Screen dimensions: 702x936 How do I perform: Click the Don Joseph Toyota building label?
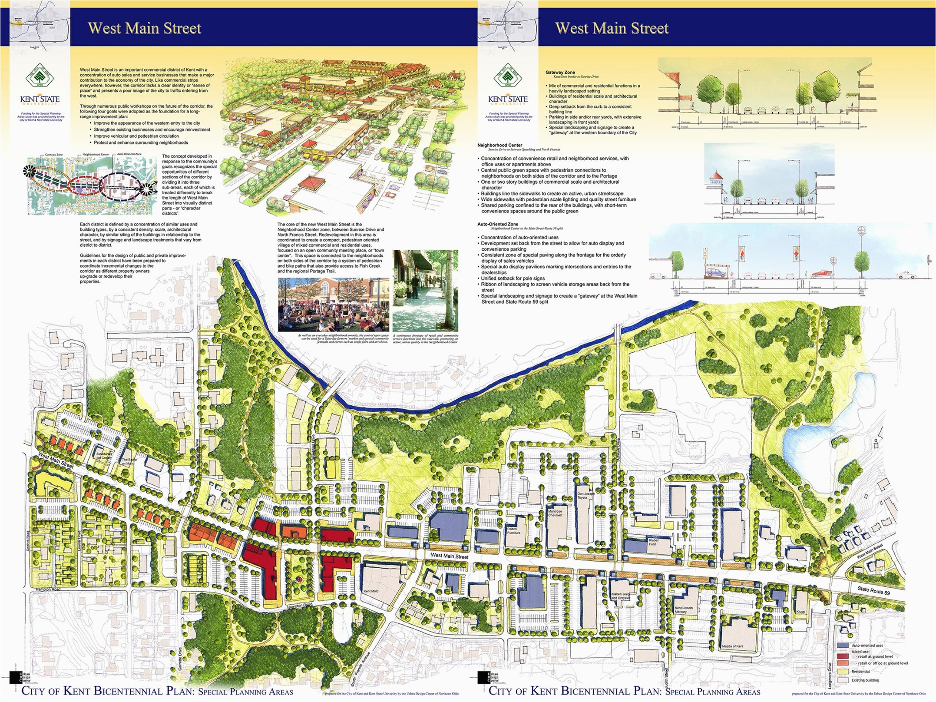[x=582, y=495]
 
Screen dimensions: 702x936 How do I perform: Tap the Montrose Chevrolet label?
[x=555, y=513]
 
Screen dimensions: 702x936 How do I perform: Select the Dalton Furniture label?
[x=513, y=531]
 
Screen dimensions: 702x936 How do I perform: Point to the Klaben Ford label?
[x=653, y=542]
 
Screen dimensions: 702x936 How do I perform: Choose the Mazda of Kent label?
[x=732, y=646]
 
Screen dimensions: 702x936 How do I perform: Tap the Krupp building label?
[x=800, y=611]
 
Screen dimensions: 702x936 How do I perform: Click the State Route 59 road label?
[x=873, y=590]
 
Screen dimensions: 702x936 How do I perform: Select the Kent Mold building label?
[x=371, y=591]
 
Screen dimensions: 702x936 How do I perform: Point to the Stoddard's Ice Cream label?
[x=104, y=456]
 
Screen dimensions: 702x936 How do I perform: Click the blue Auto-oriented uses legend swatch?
[x=843, y=645]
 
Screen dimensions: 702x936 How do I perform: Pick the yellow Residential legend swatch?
[x=843, y=672]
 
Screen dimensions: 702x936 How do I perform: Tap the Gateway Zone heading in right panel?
[x=560, y=72]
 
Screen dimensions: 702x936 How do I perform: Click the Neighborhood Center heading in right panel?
[x=500, y=145]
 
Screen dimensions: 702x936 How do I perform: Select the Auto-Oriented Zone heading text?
[x=497, y=224]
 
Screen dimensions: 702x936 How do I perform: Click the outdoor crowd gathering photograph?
[x=333, y=305]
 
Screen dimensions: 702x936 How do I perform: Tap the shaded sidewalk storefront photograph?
[x=425, y=291]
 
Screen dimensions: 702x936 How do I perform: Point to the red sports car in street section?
[x=821, y=273]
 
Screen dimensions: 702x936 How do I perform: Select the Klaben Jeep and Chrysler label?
[x=621, y=596]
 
